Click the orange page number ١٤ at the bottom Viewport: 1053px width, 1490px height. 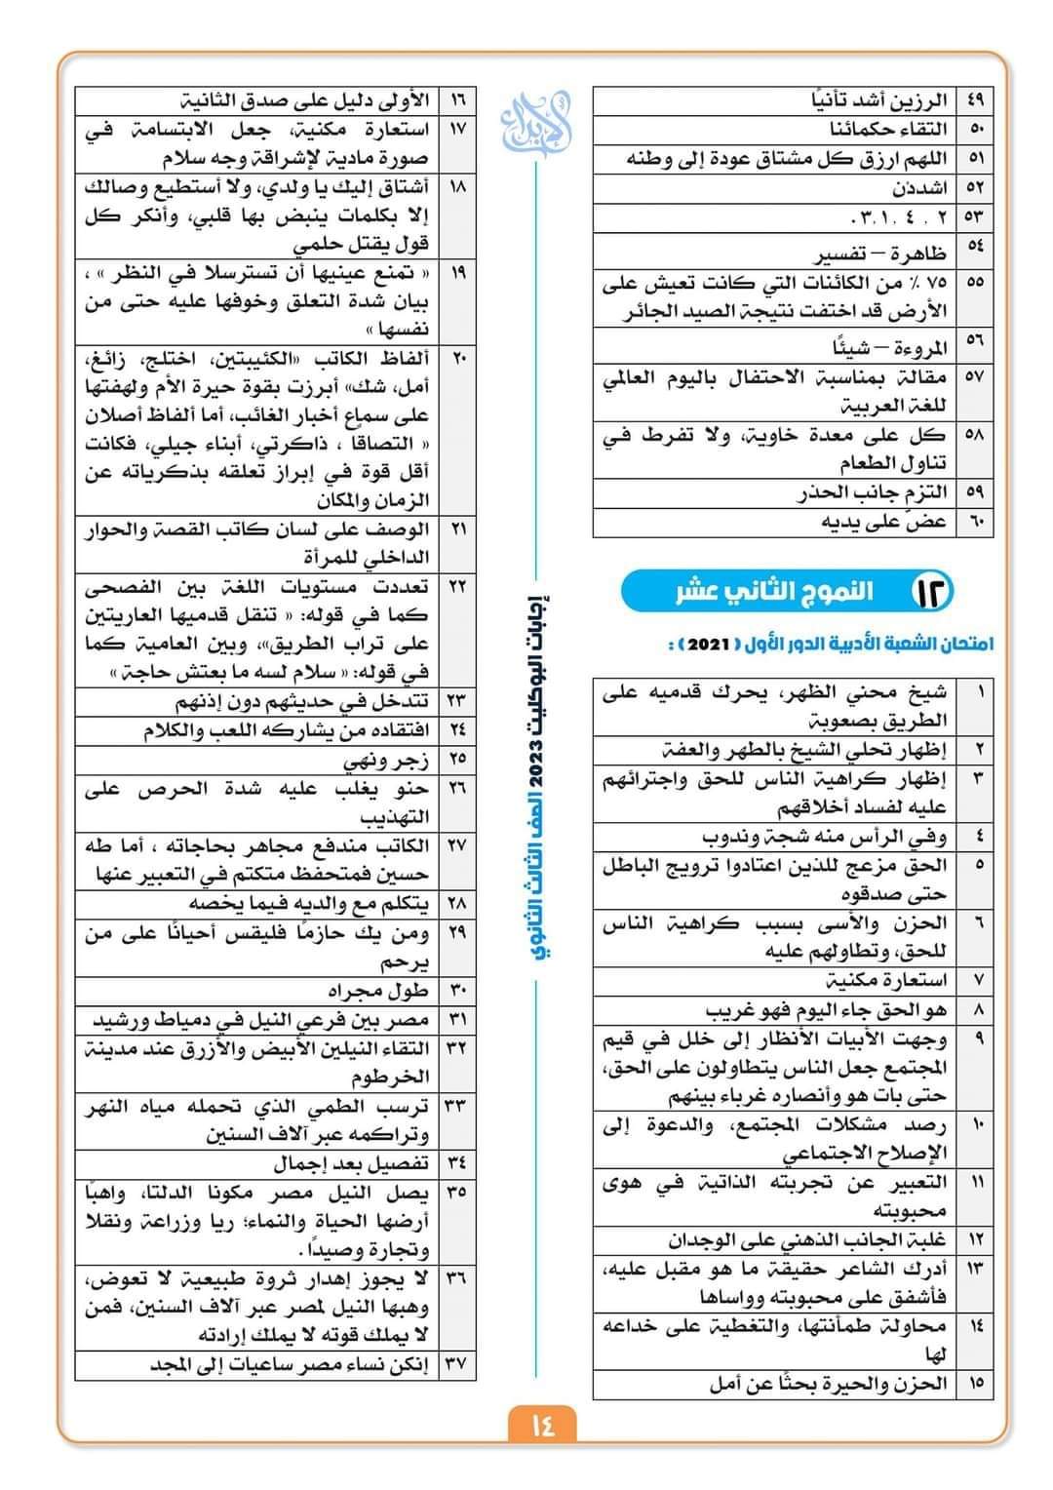point(542,1425)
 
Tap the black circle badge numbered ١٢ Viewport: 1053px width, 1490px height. point(930,590)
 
